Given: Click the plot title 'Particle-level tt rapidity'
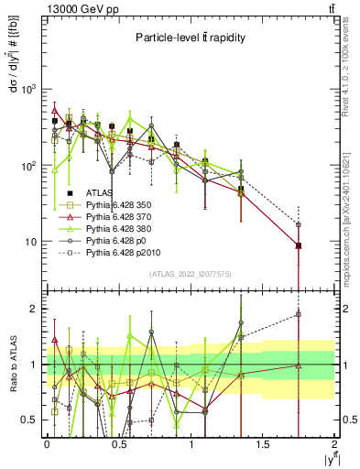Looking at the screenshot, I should point(191,38).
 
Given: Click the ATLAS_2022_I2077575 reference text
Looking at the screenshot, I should point(191,274).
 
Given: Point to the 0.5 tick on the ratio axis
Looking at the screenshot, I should point(31,420).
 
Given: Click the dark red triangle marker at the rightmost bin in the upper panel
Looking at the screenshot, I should point(299,245).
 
